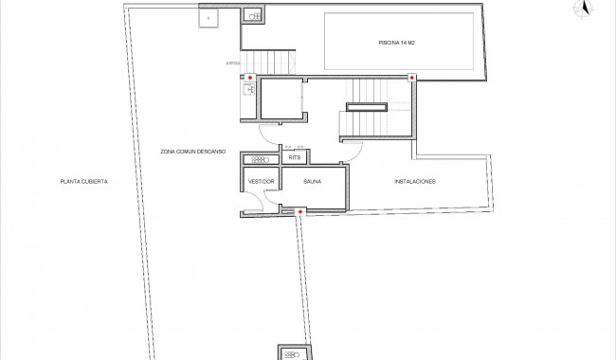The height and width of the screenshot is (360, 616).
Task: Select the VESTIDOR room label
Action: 261,181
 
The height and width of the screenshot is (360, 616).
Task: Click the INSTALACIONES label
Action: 414,181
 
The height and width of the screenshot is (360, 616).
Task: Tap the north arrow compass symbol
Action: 586,9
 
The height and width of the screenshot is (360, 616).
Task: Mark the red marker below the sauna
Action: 300,211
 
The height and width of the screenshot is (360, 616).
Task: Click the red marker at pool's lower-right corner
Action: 411,78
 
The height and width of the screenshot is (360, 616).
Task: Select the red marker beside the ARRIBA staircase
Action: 249,78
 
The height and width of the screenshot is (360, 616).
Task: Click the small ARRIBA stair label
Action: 233,63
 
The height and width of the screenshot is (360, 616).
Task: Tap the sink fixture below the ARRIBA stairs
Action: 248,91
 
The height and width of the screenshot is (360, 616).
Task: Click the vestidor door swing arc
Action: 271,193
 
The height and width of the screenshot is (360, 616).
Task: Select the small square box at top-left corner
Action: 208,16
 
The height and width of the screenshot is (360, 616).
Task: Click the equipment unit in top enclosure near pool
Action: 253,16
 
